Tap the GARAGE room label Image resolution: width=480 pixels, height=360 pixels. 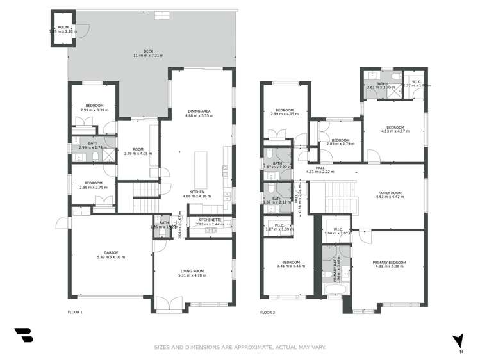pyautogui.click(x=111, y=252)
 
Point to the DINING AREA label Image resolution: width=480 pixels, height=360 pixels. pyautogui.click(x=198, y=111)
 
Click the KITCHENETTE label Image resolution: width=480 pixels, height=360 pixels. pyautogui.click(x=210, y=220)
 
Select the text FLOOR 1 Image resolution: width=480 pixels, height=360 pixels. pyautogui.click(x=75, y=312)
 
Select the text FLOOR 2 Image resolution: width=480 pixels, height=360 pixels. pyautogui.click(x=267, y=313)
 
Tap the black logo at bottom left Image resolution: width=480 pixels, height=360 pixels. pyautogui.click(x=23, y=335)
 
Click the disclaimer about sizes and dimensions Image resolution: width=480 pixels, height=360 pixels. pyautogui.click(x=240, y=347)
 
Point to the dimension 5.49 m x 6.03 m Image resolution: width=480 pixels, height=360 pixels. pyautogui.click(x=111, y=257)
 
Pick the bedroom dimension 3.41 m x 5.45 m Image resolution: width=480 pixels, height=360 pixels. pyautogui.click(x=291, y=266)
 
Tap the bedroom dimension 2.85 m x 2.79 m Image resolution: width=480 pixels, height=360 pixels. pyautogui.click(x=340, y=144)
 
